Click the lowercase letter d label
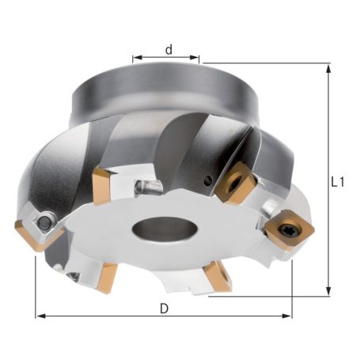tap(168, 49)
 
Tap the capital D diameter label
tap(164, 308)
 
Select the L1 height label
tap(338, 181)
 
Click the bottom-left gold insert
tap(104, 276)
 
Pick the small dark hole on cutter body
tap(207, 181)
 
